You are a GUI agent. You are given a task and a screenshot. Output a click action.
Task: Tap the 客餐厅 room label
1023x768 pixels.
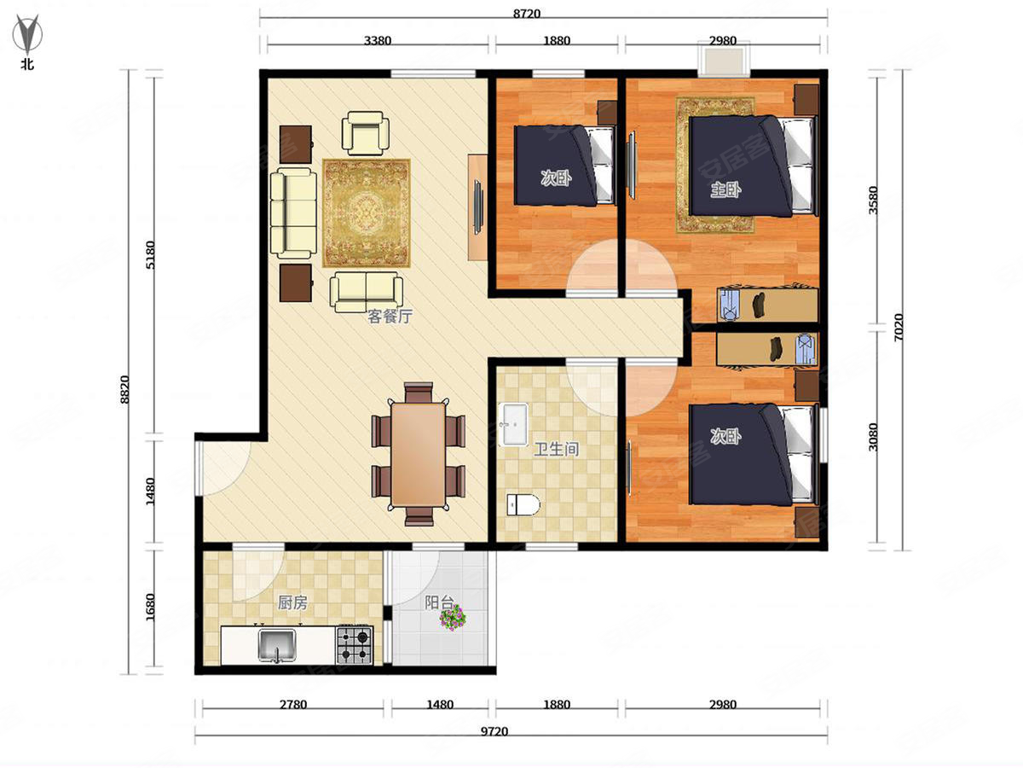[390, 317]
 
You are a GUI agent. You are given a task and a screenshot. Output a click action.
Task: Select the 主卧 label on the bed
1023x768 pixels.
[725, 189]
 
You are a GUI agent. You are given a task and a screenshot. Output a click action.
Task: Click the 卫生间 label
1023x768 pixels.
[557, 449]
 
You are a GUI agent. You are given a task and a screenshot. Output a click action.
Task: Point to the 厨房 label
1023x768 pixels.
[292, 603]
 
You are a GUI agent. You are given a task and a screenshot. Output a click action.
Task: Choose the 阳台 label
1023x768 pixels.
[439, 602]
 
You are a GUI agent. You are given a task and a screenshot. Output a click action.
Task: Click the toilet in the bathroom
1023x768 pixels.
[523, 504]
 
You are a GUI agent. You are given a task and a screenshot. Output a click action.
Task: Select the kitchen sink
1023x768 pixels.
[277, 645]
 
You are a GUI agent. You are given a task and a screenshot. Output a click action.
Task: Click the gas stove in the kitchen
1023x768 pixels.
[354, 645]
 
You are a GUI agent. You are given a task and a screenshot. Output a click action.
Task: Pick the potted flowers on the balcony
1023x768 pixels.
[453, 618]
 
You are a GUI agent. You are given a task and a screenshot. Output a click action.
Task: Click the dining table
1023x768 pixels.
[418, 455]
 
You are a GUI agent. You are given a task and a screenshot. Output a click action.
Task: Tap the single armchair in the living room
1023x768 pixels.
[366, 133]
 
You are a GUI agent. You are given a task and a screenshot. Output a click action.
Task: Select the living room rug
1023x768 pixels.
[367, 213]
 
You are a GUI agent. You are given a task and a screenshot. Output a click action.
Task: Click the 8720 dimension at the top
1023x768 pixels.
[527, 14]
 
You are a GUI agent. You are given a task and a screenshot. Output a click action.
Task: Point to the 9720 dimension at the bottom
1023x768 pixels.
[494, 731]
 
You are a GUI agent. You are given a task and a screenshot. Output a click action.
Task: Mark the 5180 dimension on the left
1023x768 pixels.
[150, 254]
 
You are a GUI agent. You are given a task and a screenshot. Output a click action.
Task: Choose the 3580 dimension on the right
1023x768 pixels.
[873, 200]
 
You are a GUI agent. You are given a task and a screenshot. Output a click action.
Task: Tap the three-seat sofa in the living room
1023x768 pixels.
[293, 213]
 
